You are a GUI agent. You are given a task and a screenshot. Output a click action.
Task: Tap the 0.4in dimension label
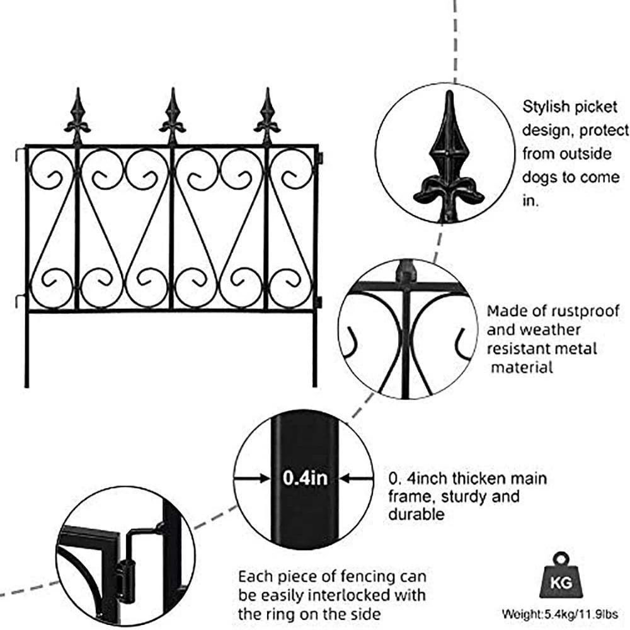point(305,478)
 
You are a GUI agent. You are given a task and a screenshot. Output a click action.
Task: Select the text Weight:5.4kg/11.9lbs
point(560,613)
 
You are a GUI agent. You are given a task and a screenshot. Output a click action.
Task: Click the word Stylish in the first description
point(546,106)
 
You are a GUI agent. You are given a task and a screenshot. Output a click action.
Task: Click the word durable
point(416,514)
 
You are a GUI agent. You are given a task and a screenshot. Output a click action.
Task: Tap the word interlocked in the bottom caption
point(356,594)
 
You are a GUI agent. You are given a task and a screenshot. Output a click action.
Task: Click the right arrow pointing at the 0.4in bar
point(357,478)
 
